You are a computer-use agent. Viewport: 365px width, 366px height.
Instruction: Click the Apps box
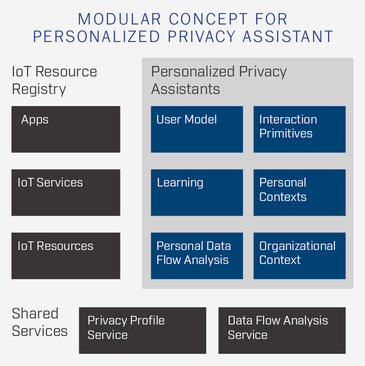coord(66,129)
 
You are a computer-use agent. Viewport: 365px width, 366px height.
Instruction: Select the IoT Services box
coord(66,192)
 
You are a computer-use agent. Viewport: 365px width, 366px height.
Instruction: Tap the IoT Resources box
coord(66,256)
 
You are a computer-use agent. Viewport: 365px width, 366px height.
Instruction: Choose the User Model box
coord(197,129)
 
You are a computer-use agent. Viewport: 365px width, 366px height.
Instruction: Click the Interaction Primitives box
coord(300,129)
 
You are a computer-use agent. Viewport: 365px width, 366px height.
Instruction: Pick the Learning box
coord(197,192)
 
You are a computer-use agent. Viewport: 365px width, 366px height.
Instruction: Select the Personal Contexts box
coord(300,192)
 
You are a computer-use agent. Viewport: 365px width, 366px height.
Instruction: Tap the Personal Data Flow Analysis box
coord(197,256)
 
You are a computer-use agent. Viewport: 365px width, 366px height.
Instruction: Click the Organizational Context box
coord(300,256)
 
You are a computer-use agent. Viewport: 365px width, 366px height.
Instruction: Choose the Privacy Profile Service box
coord(142,330)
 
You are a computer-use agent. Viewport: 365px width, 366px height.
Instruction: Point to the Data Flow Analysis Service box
coord(282,330)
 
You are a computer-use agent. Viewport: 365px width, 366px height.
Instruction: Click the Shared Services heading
coord(39,322)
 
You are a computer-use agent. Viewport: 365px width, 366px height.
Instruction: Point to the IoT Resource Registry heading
coord(54,80)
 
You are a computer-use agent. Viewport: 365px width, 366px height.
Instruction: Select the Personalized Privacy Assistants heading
coord(219,80)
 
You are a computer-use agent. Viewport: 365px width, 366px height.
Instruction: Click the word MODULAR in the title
coord(119,19)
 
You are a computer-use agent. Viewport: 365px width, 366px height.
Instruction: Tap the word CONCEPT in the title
coord(208,19)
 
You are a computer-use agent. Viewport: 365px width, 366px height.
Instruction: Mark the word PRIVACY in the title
coord(202,36)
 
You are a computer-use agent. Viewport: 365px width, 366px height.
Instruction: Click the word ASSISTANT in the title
coord(288,36)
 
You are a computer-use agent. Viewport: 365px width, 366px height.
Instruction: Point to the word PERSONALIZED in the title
coord(96,36)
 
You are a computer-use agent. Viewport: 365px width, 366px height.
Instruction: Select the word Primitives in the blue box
coord(286,133)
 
